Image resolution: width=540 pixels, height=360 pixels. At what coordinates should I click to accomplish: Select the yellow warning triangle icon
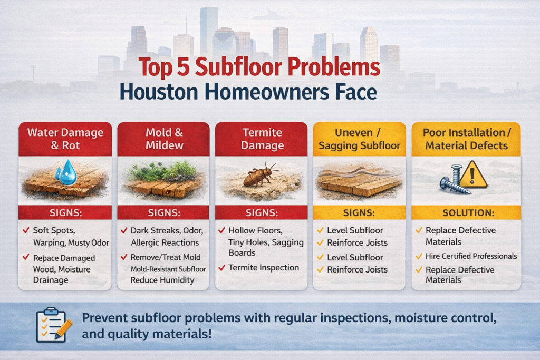click(474, 174)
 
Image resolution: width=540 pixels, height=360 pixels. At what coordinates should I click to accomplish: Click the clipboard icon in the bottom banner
click(53, 324)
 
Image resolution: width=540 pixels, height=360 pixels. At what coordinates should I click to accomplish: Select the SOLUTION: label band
click(466, 212)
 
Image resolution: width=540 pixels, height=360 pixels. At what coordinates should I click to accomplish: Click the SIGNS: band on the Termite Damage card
click(262, 212)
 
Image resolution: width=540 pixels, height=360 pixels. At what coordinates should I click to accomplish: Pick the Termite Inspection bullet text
click(264, 268)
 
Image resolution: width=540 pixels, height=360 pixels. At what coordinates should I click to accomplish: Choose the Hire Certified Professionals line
click(471, 256)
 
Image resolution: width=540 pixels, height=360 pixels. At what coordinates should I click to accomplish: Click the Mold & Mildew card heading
click(163, 139)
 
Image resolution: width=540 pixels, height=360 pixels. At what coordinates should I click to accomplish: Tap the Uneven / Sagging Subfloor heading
click(359, 139)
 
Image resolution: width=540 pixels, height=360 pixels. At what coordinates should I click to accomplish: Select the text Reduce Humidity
click(162, 280)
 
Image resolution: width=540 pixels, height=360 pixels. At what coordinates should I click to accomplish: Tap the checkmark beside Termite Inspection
click(222, 268)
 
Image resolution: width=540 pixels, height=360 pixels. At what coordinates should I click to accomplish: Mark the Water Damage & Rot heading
click(65, 139)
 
